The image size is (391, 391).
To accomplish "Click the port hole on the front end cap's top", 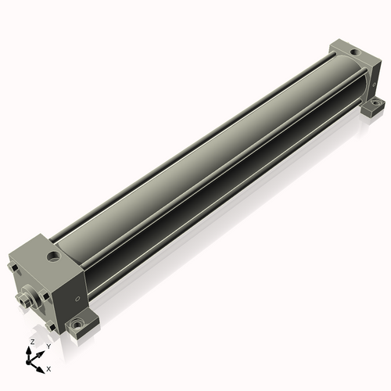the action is coord(54,256).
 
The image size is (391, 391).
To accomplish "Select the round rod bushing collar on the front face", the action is coord(32,296).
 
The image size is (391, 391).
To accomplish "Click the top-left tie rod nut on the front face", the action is coord(13,267).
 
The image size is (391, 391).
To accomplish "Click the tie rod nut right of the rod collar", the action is coord(45,297).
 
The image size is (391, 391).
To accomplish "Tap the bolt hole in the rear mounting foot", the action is coord(375,102).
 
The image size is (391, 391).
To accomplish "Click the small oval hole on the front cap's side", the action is coord(77,299).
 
